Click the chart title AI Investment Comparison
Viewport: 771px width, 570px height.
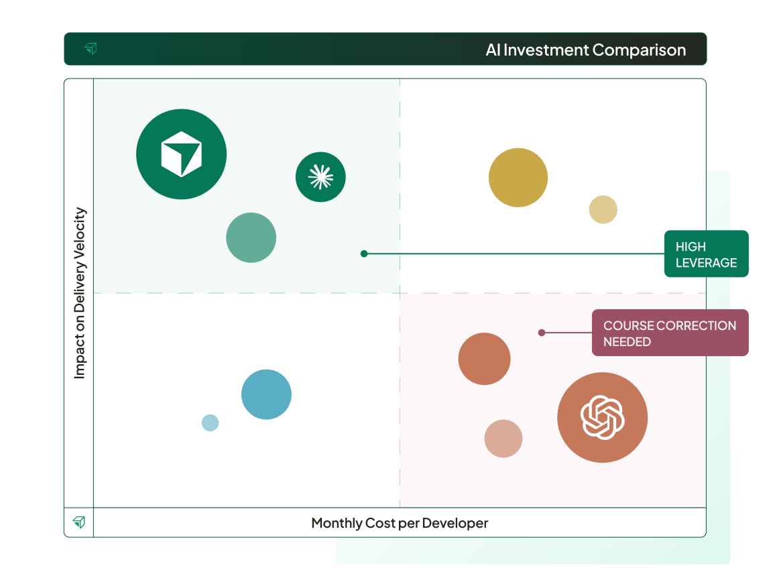(585, 50)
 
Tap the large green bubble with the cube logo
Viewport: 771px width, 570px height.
(181, 154)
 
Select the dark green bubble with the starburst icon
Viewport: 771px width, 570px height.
(320, 177)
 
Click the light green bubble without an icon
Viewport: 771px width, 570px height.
(251, 237)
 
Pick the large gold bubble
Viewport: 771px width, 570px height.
(518, 178)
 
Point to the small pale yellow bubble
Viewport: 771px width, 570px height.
(603, 210)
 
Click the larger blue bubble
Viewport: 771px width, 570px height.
(266, 394)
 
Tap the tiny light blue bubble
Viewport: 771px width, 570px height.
(210, 422)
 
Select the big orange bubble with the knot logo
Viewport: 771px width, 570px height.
(602, 417)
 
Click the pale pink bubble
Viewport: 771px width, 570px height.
(503, 439)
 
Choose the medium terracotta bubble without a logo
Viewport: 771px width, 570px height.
(484, 359)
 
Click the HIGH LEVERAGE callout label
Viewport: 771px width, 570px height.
(706, 254)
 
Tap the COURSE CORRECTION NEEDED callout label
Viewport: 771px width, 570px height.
(669, 333)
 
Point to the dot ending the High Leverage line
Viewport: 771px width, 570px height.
(364, 253)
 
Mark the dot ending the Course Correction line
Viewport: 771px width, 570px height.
(542, 333)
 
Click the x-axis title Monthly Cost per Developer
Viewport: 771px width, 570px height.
(400, 523)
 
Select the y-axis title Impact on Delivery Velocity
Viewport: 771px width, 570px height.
(80, 293)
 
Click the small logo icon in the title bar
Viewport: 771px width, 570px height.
(91, 49)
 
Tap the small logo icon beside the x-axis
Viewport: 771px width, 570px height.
(79, 522)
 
